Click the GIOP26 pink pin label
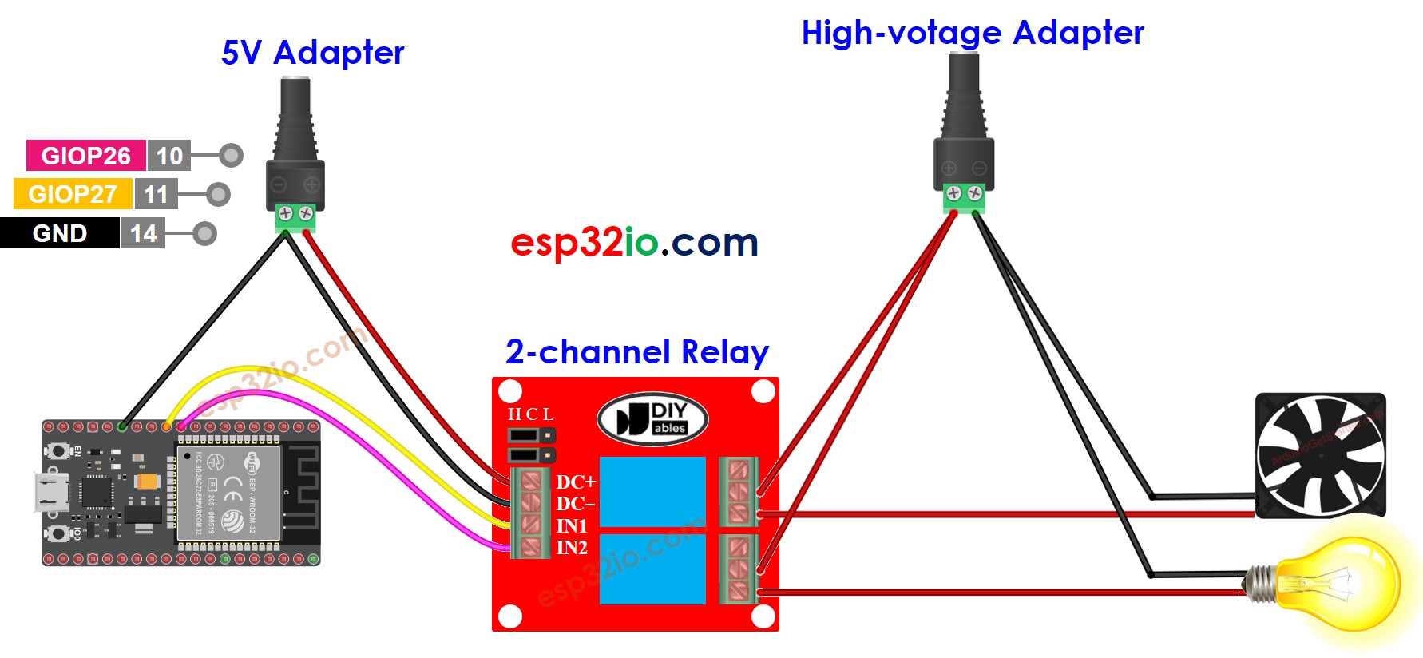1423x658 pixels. (x=85, y=155)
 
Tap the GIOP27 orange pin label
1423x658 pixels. (x=73, y=194)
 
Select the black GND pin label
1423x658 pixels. (x=59, y=233)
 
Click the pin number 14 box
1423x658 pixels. (x=143, y=233)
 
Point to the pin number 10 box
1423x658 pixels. (x=169, y=155)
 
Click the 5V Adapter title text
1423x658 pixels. (x=312, y=53)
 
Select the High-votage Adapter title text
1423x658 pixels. (x=972, y=33)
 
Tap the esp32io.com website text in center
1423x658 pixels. (x=634, y=242)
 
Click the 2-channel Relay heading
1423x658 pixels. (x=636, y=352)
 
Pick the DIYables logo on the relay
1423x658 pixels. (x=652, y=418)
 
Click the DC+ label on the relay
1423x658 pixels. (x=576, y=482)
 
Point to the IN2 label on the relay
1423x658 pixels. (x=572, y=548)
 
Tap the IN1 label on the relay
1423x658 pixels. (x=572, y=526)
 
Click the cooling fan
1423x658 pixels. (x=1320, y=455)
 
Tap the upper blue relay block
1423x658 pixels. (x=652, y=491)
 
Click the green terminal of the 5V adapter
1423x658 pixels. (x=295, y=216)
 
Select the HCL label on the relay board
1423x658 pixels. (x=530, y=414)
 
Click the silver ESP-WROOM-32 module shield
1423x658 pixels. (x=228, y=493)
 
